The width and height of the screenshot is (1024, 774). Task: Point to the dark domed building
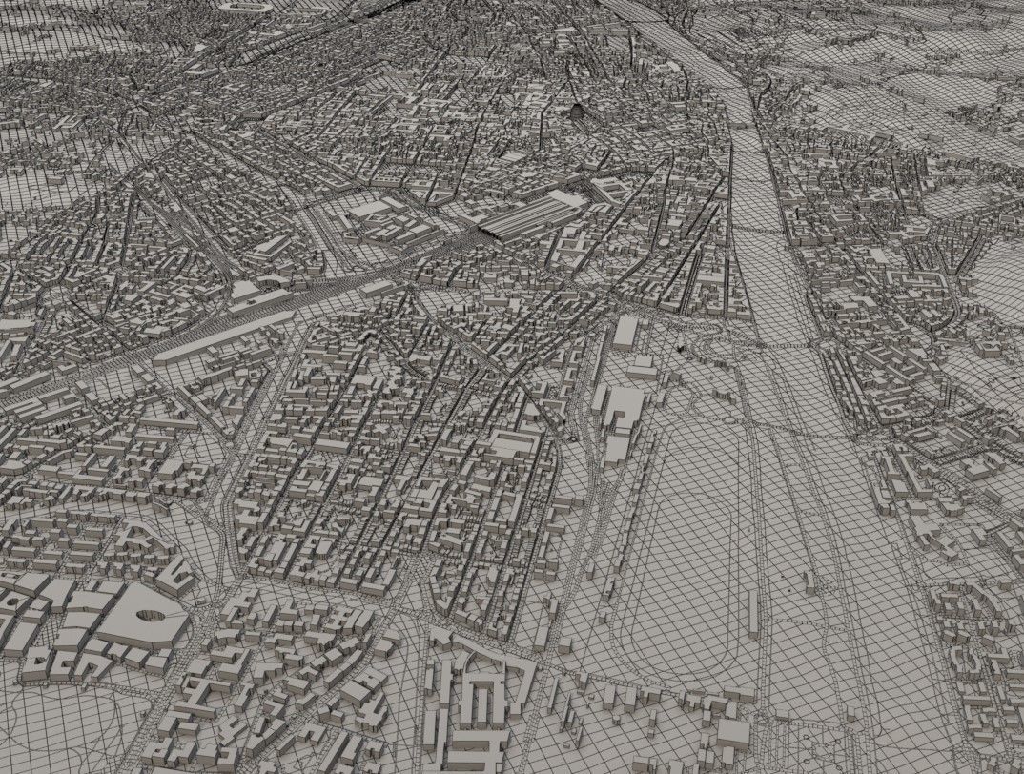[577, 112]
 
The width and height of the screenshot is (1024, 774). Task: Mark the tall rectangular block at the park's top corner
[625, 332]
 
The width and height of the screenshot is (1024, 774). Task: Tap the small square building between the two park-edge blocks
[641, 368]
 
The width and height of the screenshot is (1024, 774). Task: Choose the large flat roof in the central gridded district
[515, 444]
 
